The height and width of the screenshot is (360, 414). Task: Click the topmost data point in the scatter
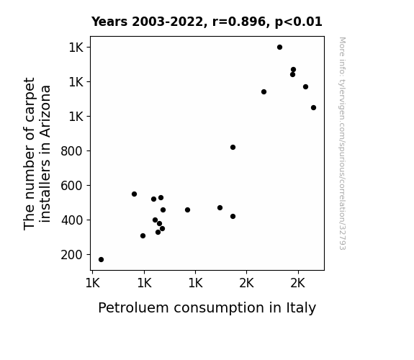tap(279, 48)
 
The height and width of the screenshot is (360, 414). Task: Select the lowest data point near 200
tap(101, 260)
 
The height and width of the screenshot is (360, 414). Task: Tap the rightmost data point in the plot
tap(313, 108)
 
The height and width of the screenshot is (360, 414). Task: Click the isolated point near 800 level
tap(233, 148)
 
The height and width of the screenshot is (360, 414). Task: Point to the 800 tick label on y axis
tap(72, 151)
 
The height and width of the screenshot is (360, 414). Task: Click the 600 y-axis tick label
tap(72, 186)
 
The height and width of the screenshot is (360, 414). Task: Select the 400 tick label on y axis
tap(72, 220)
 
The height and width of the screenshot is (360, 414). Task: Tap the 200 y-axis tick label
tap(72, 255)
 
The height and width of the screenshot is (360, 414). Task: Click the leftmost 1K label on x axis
tap(93, 284)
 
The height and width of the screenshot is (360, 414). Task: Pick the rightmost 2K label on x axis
tap(298, 284)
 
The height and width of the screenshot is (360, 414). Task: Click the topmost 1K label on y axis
tap(76, 48)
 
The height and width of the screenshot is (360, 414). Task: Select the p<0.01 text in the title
tap(299, 22)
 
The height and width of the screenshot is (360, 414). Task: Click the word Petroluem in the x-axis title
tap(133, 307)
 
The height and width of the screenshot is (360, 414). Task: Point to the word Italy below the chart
tap(301, 308)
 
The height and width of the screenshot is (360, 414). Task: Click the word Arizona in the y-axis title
tap(45, 111)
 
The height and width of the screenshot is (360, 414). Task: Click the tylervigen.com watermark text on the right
tap(342, 143)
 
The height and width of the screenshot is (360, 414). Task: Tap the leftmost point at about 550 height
tap(134, 194)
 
